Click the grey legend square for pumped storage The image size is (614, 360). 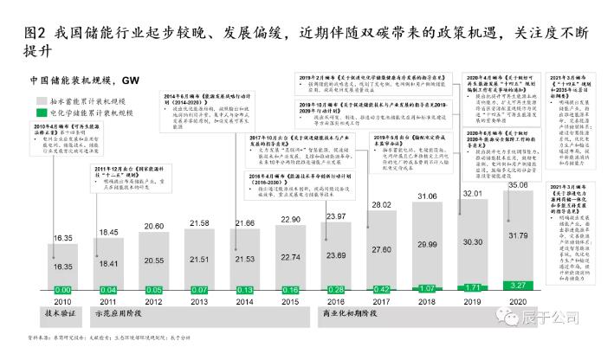click(42, 101)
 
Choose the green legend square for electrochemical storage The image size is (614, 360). click(42, 112)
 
